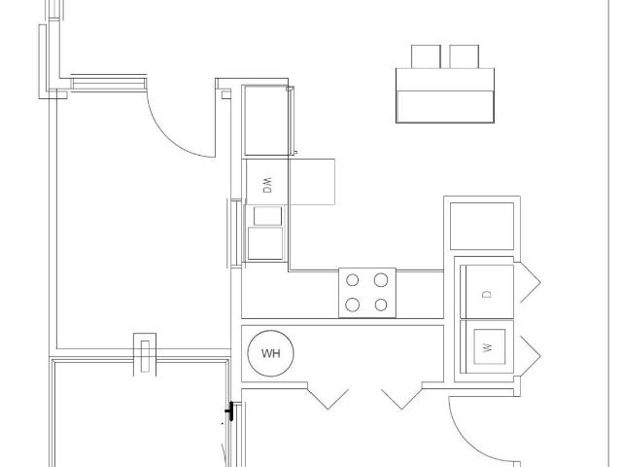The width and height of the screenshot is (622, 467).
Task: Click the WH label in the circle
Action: tap(271, 353)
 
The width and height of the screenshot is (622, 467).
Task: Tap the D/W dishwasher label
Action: tap(268, 185)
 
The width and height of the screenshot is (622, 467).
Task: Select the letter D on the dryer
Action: tap(487, 294)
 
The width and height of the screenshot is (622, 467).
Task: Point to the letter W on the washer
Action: tap(488, 347)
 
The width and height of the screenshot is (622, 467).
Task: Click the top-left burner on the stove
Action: tap(352, 280)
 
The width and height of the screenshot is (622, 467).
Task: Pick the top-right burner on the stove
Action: tap(381, 280)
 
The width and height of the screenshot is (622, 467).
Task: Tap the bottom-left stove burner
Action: tap(352, 305)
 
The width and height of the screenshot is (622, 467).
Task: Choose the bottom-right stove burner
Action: tap(381, 305)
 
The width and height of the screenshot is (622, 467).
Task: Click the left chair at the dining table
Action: tap(426, 56)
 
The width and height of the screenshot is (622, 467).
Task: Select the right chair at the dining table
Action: tap(465, 56)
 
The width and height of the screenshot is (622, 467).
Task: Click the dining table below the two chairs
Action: tap(445, 95)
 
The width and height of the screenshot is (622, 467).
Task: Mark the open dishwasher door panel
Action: tap(312, 182)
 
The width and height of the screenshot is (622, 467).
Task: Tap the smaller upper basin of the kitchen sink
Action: tap(268, 216)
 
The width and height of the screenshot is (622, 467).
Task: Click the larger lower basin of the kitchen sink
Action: tap(265, 243)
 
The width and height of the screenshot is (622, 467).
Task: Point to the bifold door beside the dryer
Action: tap(530, 282)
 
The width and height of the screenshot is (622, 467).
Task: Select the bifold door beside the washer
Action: tap(530, 355)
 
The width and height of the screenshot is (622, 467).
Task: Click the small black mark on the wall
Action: tap(229, 412)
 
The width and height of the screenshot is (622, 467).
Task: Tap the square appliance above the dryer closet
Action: tap(482, 227)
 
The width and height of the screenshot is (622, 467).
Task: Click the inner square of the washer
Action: tap(490, 346)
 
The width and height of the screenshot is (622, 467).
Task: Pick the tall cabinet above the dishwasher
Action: tap(267, 121)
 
